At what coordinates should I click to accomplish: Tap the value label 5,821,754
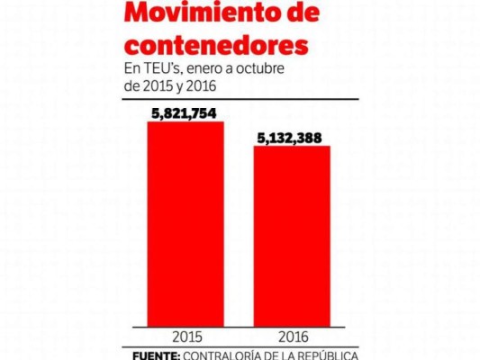[x=186, y=112]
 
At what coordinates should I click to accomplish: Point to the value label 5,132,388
[x=292, y=137]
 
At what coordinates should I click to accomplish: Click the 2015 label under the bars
[x=185, y=337]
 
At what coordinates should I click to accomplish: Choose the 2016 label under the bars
[x=293, y=337]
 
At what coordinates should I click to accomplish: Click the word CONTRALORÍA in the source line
[x=225, y=355]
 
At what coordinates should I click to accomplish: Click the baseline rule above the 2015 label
[x=185, y=326]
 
